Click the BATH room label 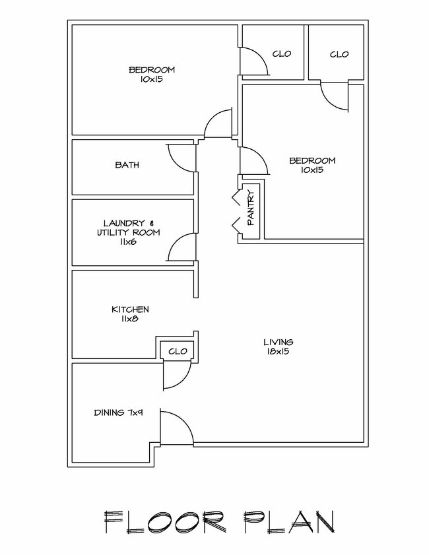click(x=127, y=166)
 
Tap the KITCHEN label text click(x=129, y=310)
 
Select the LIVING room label click(x=278, y=342)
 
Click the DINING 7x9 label click(x=118, y=413)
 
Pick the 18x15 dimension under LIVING click(x=278, y=352)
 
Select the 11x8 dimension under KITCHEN click(x=129, y=319)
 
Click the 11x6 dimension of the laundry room click(x=128, y=242)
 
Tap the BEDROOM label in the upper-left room click(x=151, y=69)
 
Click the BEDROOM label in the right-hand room click(x=313, y=160)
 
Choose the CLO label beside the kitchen click(x=178, y=351)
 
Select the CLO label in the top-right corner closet click(x=339, y=54)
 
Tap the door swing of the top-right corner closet click(x=335, y=97)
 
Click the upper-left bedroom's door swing click(x=218, y=123)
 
